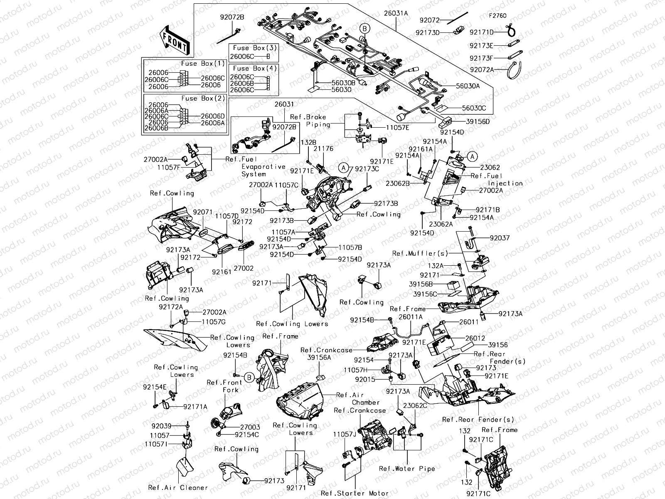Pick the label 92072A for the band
tap(482, 69)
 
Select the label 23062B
tap(397, 183)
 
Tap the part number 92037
tap(499, 238)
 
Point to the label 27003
tap(250, 427)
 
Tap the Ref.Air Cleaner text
tap(178, 488)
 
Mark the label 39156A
tap(319, 357)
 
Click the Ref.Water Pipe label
tap(407, 469)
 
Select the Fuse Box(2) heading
tap(203, 99)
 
